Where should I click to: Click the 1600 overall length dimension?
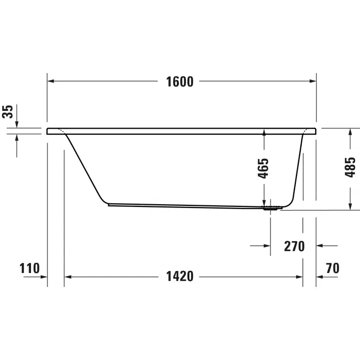[180, 82]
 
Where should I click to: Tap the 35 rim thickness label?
[7, 111]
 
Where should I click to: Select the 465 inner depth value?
[263, 169]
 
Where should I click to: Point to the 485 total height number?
[350, 167]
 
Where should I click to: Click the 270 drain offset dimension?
[294, 246]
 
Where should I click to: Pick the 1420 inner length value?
[180, 276]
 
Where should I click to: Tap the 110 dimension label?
[29, 268]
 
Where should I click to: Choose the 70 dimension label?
[332, 268]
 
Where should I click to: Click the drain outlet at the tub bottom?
[273, 208]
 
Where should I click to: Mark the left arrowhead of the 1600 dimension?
[51, 81]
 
